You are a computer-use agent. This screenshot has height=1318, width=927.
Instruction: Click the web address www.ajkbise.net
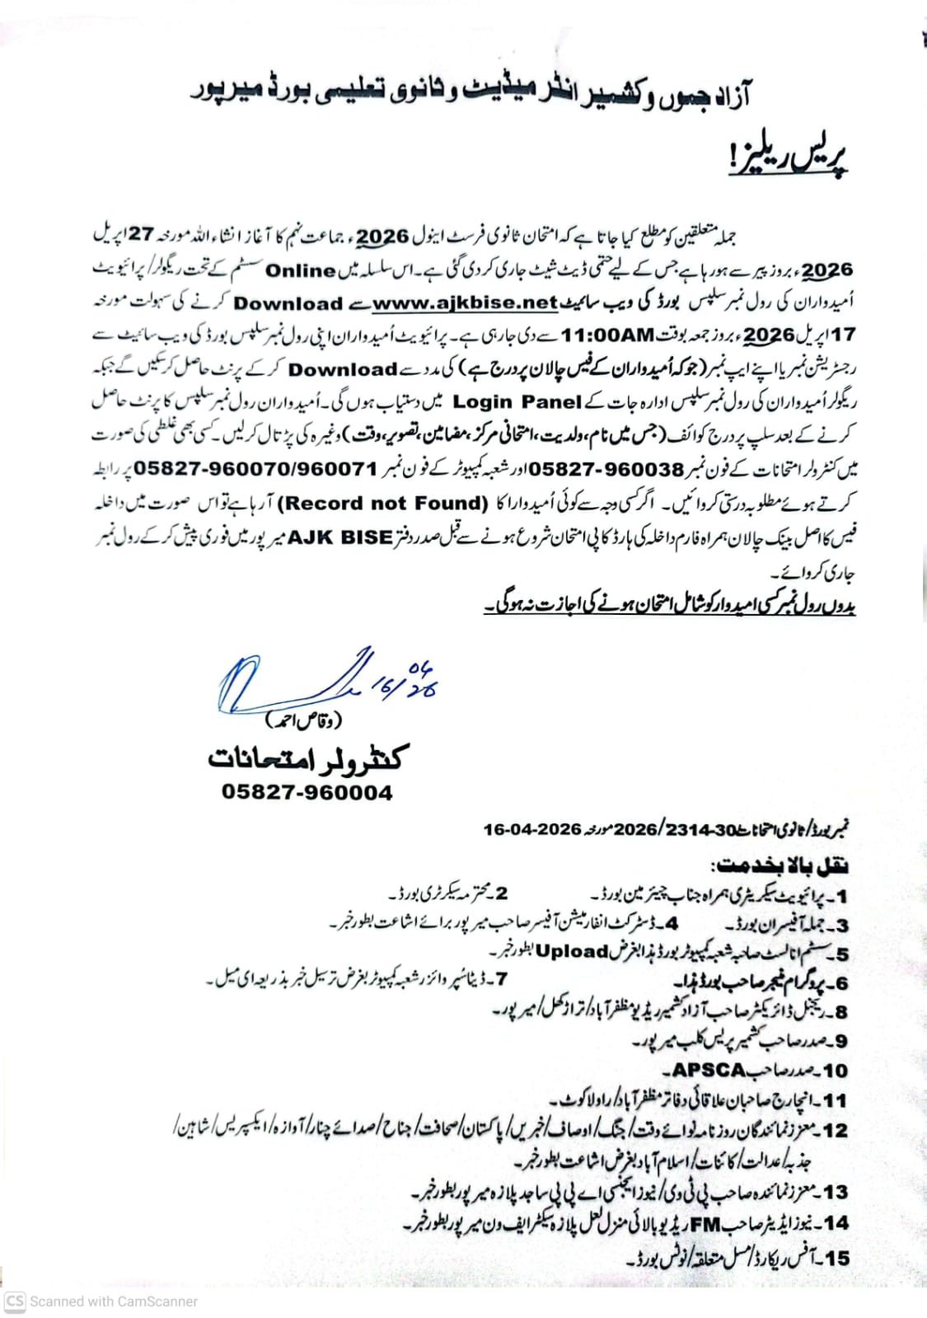(466, 303)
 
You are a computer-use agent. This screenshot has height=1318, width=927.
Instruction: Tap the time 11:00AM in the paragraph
(608, 336)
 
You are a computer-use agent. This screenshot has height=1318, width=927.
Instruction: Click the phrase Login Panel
(517, 402)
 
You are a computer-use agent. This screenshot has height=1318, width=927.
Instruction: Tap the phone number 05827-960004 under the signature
(307, 792)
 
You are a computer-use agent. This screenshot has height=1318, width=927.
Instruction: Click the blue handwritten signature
(321, 681)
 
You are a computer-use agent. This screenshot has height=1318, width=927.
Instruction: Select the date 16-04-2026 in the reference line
(532, 829)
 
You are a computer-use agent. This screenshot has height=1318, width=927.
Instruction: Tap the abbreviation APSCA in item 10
(709, 1070)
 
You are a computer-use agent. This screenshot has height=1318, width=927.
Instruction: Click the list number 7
(501, 979)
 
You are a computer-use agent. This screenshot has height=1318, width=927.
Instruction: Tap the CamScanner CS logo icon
(15, 1302)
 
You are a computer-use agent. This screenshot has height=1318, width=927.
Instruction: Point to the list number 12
(835, 1131)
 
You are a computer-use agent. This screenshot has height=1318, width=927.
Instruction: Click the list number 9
(839, 1042)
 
